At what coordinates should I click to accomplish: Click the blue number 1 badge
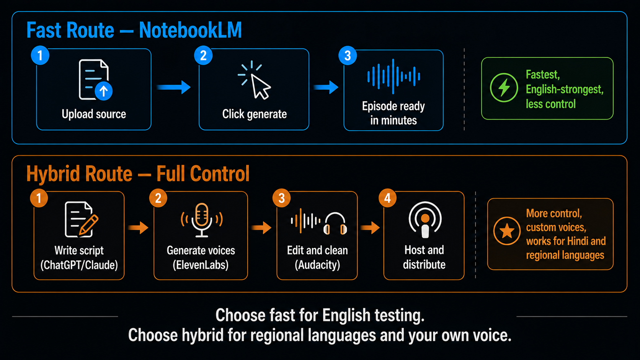(x=40, y=55)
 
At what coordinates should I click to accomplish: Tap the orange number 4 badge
(x=387, y=198)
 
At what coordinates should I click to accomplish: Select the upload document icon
(x=95, y=80)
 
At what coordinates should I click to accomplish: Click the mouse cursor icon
(x=255, y=80)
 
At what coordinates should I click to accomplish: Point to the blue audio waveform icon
(x=393, y=77)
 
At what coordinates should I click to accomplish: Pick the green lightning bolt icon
(x=504, y=88)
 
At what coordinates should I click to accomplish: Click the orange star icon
(x=507, y=231)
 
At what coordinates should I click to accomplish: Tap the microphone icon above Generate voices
(x=201, y=220)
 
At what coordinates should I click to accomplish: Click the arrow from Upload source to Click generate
(x=173, y=87)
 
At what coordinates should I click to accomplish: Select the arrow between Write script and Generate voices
(x=138, y=228)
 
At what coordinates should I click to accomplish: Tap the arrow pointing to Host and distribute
(x=370, y=228)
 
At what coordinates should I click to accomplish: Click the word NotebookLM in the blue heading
(x=190, y=30)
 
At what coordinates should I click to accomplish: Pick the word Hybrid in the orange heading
(x=52, y=174)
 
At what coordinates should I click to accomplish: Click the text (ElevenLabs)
(x=201, y=265)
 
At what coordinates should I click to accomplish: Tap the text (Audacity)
(x=317, y=265)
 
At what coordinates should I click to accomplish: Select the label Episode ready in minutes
(x=393, y=113)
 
